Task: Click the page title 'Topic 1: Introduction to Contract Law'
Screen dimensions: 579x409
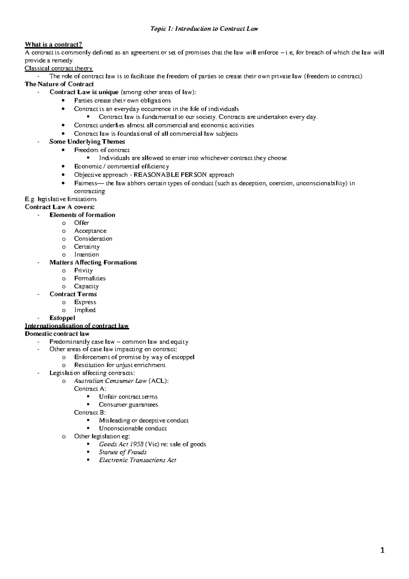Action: point(204,29)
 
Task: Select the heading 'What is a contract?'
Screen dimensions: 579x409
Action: point(54,45)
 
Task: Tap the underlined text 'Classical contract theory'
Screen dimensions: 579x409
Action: point(59,68)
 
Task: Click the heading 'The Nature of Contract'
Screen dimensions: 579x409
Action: point(59,84)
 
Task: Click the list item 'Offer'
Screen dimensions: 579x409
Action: point(81,223)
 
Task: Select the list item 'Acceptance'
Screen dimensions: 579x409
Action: point(90,231)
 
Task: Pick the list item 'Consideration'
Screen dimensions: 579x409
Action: point(93,239)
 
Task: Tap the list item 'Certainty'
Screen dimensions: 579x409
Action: point(87,247)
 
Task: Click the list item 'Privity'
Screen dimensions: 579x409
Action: point(84,270)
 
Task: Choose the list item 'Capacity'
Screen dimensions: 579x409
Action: point(87,286)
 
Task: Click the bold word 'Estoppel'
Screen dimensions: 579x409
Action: point(62,318)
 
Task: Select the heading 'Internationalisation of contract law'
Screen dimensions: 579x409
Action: point(77,326)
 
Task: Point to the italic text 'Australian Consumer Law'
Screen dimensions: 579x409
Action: point(110,381)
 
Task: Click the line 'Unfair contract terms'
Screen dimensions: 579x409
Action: point(128,397)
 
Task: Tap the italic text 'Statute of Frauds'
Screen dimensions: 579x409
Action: point(123,452)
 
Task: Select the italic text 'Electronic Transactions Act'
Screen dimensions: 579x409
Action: point(138,460)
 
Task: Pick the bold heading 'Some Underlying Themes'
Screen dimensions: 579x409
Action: point(87,142)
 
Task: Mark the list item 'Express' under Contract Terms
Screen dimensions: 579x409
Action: point(85,302)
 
